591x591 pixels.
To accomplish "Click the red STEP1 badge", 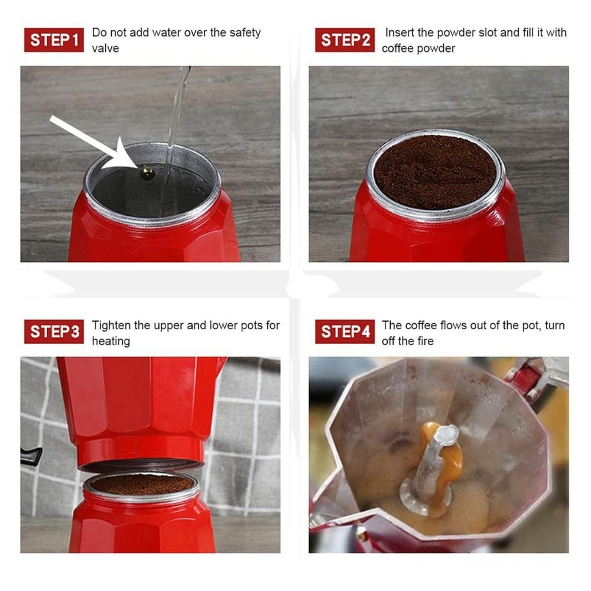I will tap(54, 40).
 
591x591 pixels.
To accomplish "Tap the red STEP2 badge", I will tap(345, 40).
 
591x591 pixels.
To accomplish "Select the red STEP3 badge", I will tap(54, 332).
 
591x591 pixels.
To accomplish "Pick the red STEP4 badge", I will tap(345, 332).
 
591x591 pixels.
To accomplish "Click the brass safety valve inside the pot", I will tap(147, 173).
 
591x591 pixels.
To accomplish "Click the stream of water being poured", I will tap(177, 112).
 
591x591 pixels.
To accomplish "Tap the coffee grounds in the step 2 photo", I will tap(435, 171).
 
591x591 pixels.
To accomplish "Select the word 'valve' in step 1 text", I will tap(105, 48).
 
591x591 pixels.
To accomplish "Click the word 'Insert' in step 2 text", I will tap(400, 33).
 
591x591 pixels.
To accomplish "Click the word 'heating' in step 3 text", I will tap(111, 341).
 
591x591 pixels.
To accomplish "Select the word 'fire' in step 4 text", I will tap(423, 341).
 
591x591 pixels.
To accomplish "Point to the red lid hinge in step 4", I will tap(523, 378).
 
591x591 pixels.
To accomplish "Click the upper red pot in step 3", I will tap(139, 408).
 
